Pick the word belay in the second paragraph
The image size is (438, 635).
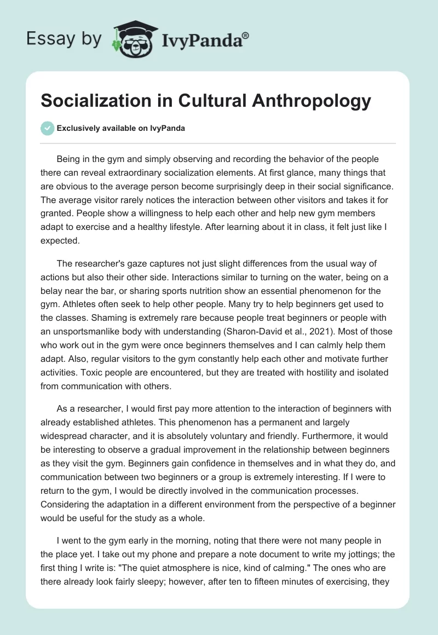tap(53, 290)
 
